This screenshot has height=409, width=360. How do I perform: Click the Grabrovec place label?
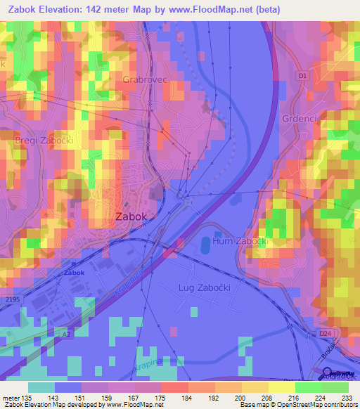[x=146, y=80]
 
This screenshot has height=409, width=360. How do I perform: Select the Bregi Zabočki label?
[x=44, y=141]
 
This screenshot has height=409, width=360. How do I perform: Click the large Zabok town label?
[x=131, y=217]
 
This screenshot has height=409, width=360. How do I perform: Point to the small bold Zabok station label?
[x=74, y=273]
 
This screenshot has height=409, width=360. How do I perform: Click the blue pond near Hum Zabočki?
[x=204, y=245]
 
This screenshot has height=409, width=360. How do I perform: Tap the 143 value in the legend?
[x=56, y=398]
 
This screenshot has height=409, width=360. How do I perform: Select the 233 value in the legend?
[x=347, y=398]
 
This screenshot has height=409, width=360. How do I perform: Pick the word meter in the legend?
[x=13, y=398]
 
